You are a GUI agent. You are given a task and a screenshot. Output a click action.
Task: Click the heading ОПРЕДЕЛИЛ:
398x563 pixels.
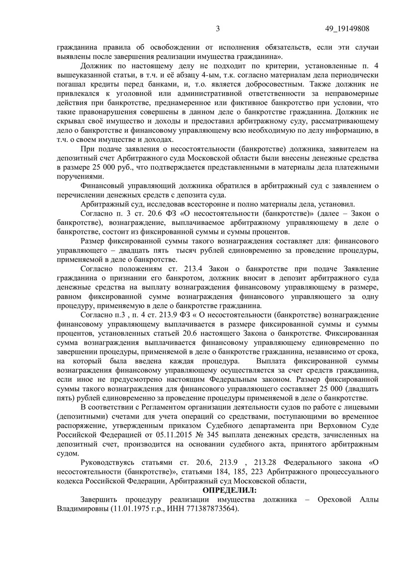229,491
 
